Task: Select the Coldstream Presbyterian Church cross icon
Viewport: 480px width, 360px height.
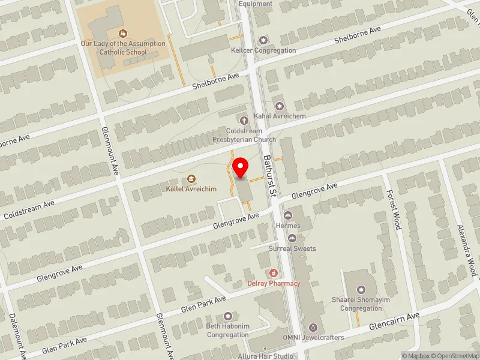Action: tap(244, 121)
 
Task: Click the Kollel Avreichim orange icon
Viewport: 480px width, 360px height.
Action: tap(191, 178)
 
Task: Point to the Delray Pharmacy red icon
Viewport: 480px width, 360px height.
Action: tap(273, 273)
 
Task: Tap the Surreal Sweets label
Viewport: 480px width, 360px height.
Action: tap(292, 248)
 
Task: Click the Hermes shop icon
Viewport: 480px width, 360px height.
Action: tap(288, 215)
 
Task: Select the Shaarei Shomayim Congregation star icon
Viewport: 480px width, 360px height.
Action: tap(361, 274)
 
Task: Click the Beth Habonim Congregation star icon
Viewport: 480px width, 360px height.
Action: tap(227, 316)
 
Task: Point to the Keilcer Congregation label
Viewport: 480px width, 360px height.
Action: tap(263, 50)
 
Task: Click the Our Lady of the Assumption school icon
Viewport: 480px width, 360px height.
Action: tap(123, 34)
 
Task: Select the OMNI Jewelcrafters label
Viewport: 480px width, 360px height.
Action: tap(314, 338)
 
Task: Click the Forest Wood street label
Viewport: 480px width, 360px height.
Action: tap(394, 210)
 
